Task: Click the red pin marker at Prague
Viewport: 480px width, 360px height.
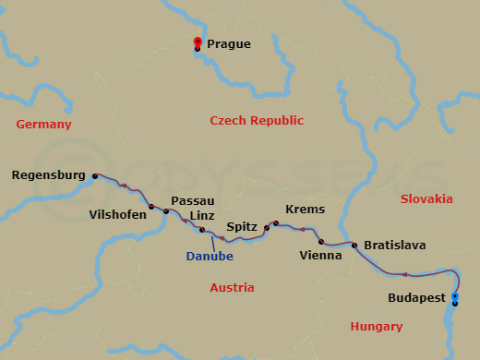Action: pos(197,42)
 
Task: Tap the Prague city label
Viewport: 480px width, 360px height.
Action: pos(228,43)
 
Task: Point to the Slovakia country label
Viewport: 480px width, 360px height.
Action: pos(426,198)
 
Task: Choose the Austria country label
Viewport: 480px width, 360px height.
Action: pos(232,288)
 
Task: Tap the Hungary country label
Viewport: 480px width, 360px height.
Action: pos(377,327)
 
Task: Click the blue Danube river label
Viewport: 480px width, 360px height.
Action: pos(210,256)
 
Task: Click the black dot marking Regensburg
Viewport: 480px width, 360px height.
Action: pos(93,174)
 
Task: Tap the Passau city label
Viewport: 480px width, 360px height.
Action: pos(193,200)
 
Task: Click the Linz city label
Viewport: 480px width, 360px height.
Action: pos(202,215)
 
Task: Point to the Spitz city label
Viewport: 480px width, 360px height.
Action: pos(242,226)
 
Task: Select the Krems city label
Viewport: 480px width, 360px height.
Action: pos(305,210)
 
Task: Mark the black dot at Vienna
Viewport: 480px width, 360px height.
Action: pos(321,242)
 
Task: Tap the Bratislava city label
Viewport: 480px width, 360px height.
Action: pos(395,246)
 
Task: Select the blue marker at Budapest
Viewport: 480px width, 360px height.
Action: pos(454,297)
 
